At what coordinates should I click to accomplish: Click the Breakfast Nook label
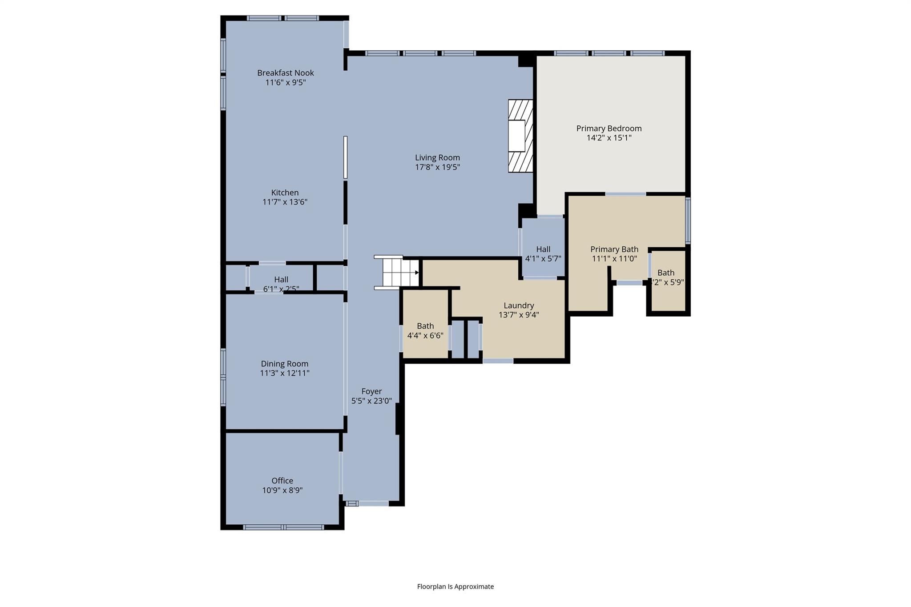point(285,73)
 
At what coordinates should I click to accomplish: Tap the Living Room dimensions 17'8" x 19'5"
point(437,167)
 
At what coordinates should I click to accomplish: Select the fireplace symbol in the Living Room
point(520,136)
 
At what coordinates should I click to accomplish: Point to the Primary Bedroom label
point(609,129)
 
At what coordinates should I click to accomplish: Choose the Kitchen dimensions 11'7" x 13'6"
point(285,202)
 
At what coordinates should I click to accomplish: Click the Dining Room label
point(284,364)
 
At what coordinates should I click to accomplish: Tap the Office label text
point(282,481)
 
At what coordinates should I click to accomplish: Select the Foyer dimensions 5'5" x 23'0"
point(371,401)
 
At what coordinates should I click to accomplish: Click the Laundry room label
point(519,306)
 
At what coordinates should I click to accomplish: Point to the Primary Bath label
point(614,249)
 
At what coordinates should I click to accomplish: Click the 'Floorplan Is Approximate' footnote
point(455,587)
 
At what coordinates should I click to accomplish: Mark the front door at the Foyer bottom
point(373,503)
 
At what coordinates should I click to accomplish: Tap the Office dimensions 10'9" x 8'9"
point(282,490)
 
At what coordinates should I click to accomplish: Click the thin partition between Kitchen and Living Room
point(345,157)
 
